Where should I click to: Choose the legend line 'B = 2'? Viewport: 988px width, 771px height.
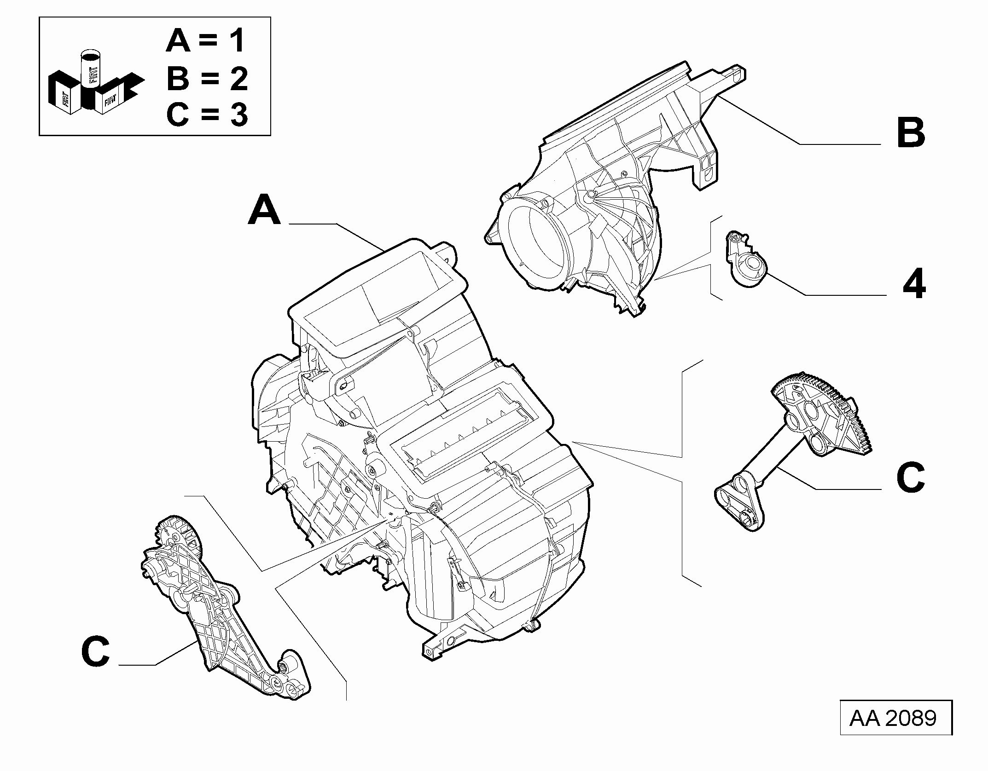tap(207, 78)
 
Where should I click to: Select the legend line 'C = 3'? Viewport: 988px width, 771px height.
tap(207, 114)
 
